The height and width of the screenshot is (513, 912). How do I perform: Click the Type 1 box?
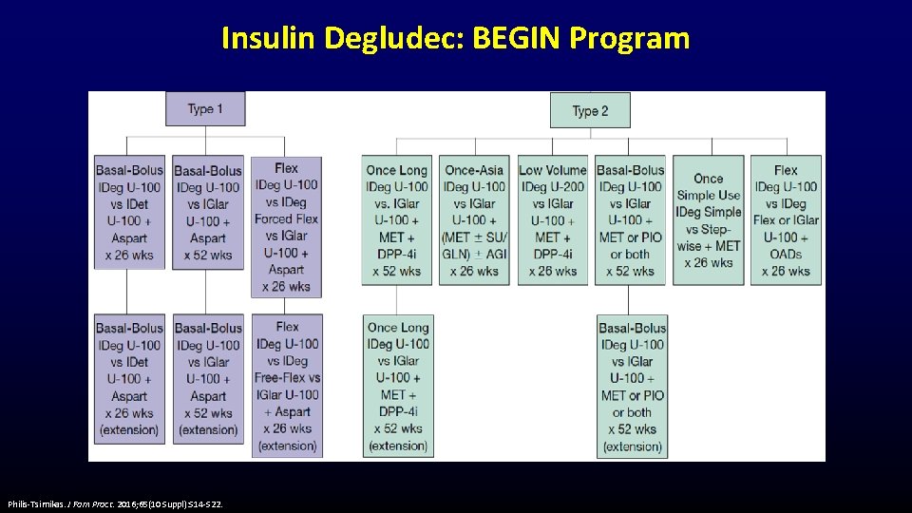point(205,108)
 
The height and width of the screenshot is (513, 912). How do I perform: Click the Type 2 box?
point(590,110)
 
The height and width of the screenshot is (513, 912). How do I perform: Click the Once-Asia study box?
point(474,219)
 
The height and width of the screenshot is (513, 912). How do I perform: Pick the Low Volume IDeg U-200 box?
point(552,219)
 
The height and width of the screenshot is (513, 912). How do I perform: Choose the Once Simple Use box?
point(708,219)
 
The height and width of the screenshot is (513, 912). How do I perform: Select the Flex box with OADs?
point(786,219)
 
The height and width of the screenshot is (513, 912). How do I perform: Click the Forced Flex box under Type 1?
point(287,226)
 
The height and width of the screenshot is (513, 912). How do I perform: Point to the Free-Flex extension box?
point(287,386)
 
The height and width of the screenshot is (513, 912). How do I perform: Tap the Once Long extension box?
point(398,386)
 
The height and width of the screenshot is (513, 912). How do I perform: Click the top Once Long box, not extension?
point(397,219)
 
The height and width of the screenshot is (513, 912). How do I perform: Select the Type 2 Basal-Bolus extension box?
point(632,386)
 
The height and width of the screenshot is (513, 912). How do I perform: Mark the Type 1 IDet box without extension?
point(129,211)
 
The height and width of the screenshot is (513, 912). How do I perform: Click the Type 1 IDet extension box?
point(129,377)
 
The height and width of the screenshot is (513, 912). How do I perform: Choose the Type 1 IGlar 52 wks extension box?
point(208,377)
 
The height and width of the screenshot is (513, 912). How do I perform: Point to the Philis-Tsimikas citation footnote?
point(115,503)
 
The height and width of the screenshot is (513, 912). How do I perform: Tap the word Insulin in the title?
point(269,38)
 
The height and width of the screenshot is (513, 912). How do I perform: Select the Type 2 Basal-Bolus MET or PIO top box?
point(631,219)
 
